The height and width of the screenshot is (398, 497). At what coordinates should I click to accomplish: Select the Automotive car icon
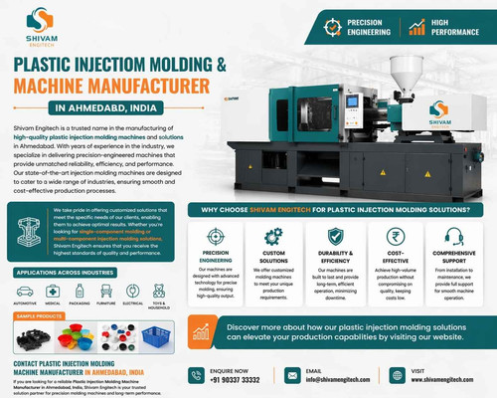click(x=22, y=290)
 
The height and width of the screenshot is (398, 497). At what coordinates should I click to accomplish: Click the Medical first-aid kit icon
click(x=54, y=290)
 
